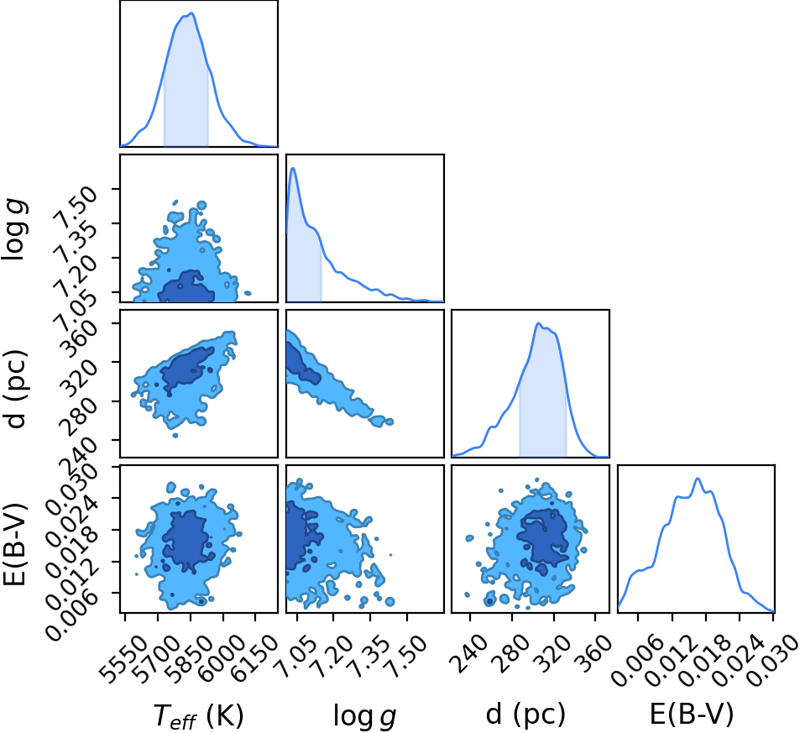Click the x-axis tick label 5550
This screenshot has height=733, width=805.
tap(124, 656)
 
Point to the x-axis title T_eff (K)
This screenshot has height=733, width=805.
tap(198, 715)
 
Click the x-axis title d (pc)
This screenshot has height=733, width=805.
tap(525, 714)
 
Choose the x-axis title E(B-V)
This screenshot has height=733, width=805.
tap(692, 714)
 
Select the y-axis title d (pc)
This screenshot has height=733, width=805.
tap(15, 389)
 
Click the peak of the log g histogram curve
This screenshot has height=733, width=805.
tap(293, 168)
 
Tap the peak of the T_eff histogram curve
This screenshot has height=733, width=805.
tap(191, 13)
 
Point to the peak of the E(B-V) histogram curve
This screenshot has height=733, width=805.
tap(698, 479)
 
